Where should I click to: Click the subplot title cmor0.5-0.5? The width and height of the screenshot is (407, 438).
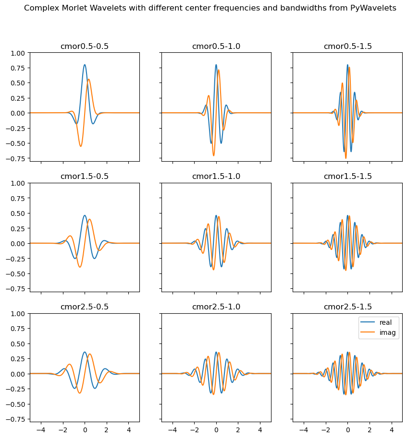click(x=85, y=47)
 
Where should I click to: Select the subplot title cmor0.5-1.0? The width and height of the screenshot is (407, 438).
click(x=216, y=47)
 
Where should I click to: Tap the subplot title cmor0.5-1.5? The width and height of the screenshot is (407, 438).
click(x=347, y=47)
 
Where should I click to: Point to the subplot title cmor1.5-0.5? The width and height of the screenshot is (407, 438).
click(x=85, y=177)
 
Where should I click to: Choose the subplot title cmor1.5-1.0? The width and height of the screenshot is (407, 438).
click(x=216, y=177)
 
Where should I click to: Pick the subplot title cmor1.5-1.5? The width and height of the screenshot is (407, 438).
click(x=347, y=177)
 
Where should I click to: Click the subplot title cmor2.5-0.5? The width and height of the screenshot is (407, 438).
click(x=85, y=307)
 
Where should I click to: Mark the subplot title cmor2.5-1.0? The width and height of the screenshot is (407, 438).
click(x=216, y=307)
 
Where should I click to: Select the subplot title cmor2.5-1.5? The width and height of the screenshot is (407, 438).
click(x=347, y=307)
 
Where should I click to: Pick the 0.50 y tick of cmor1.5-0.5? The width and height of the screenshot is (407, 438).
click(x=18, y=213)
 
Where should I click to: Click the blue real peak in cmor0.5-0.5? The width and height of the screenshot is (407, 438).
click(x=85, y=65)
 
